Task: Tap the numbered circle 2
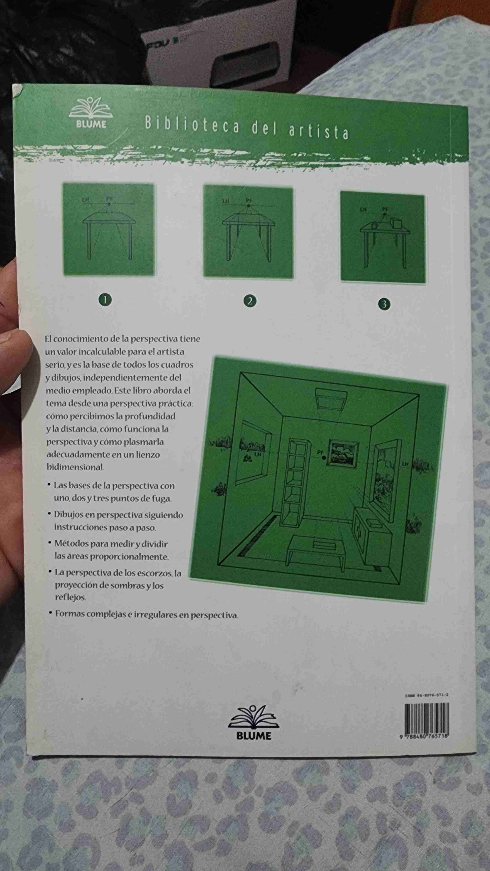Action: click(x=250, y=301)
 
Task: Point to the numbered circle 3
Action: click(x=384, y=304)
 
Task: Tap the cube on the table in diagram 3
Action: click(x=395, y=223)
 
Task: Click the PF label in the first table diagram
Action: click(x=109, y=199)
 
